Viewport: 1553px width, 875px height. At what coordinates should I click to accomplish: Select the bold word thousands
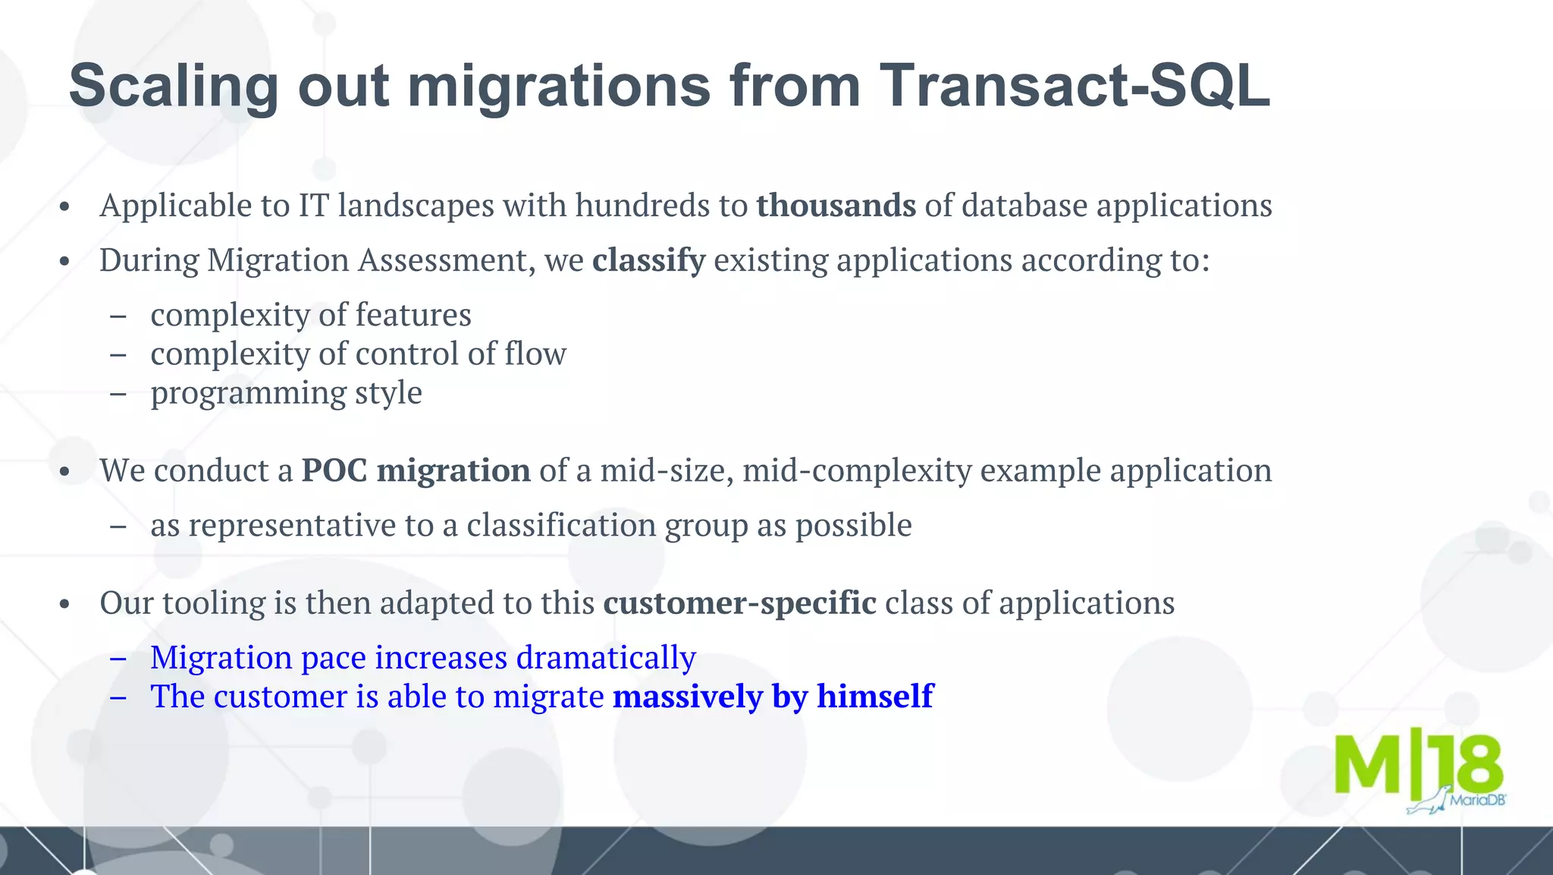(x=836, y=206)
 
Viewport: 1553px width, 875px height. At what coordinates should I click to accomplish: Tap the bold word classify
(x=648, y=260)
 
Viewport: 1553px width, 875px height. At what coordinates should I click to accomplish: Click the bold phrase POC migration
(x=416, y=471)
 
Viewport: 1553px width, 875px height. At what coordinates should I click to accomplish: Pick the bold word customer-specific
(x=739, y=603)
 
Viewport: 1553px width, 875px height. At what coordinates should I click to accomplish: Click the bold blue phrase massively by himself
(x=773, y=696)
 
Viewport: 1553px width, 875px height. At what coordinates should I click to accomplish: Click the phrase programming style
(x=286, y=393)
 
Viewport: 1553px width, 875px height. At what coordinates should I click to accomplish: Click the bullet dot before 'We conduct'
(x=64, y=472)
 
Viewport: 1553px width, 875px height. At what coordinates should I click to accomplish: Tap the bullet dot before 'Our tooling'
(x=64, y=604)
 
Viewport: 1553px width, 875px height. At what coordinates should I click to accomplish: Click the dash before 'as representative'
(x=118, y=525)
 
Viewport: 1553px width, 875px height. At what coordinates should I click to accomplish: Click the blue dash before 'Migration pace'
(x=118, y=657)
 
